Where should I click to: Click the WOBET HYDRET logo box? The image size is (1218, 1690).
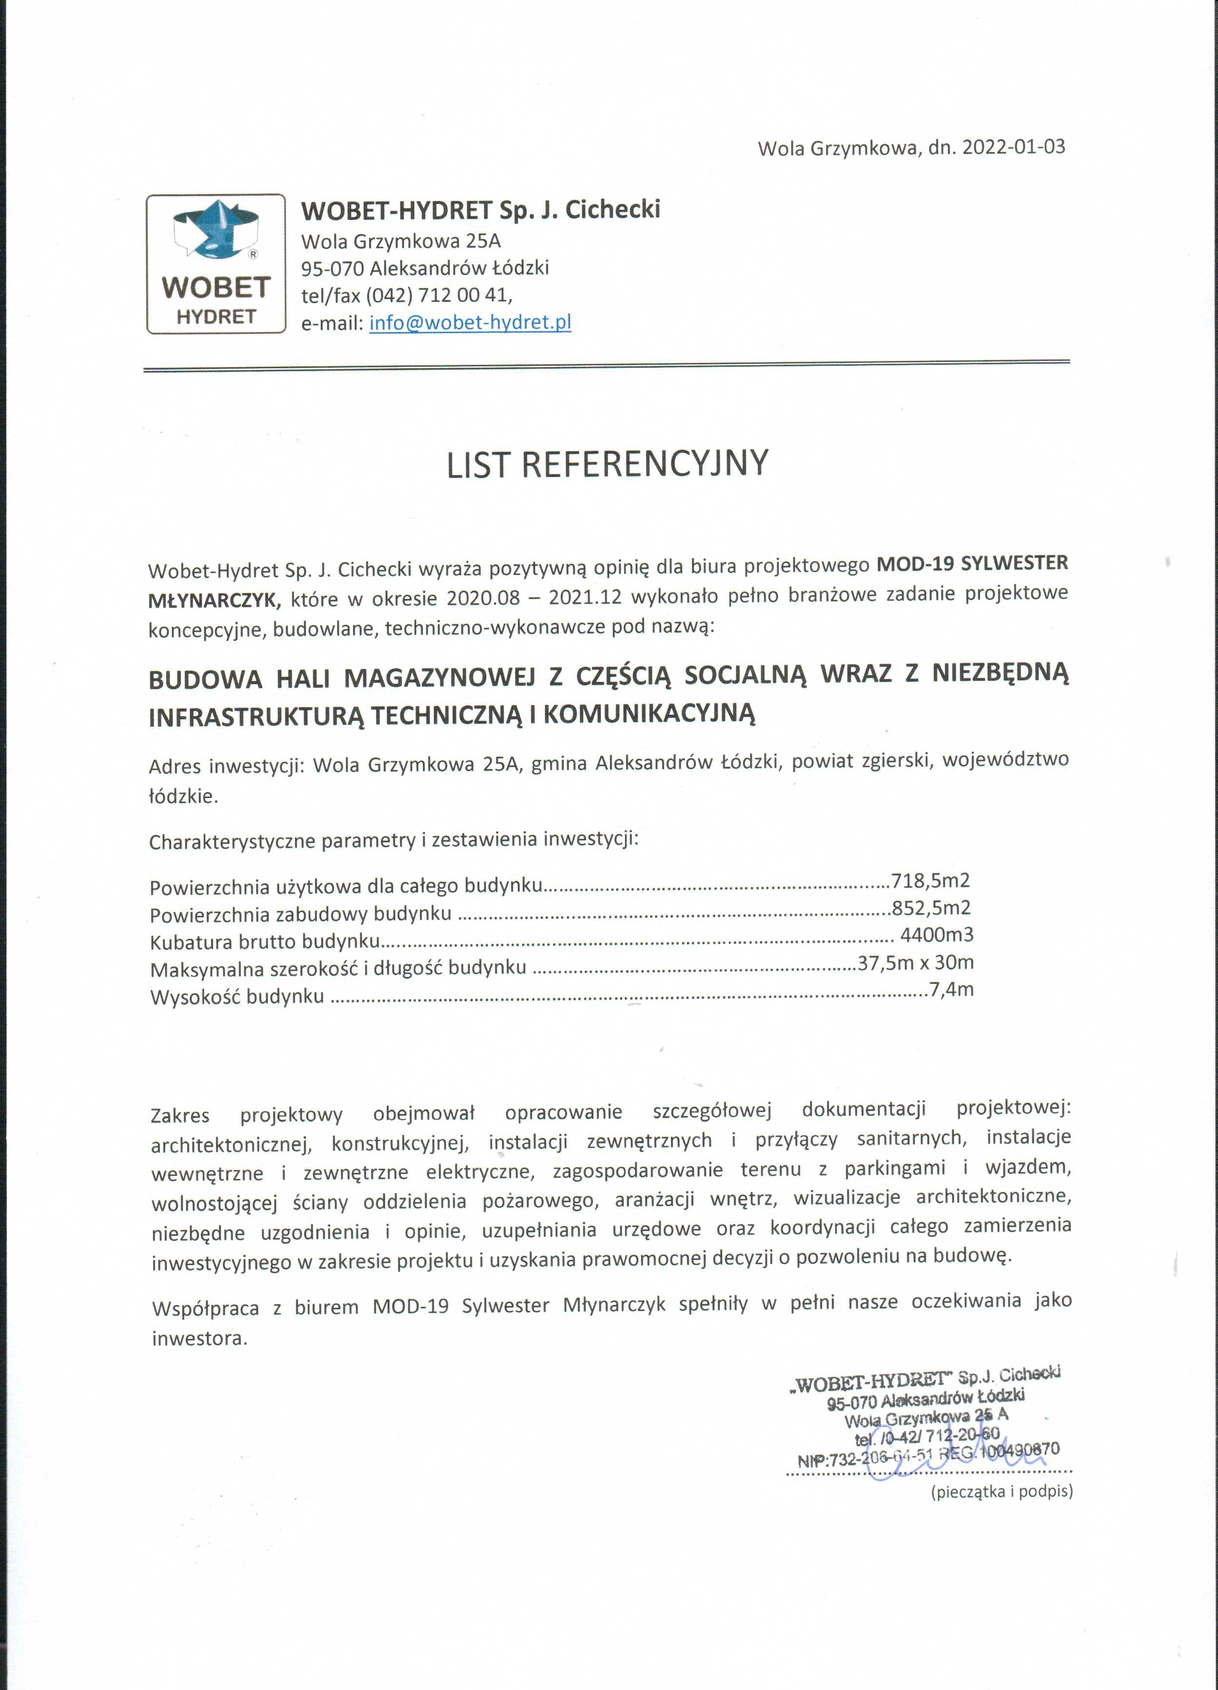tap(216, 264)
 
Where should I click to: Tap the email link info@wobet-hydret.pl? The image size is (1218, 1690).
tap(470, 323)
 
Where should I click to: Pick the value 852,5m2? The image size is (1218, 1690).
tap(931, 908)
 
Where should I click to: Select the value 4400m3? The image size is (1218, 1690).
tap(936, 935)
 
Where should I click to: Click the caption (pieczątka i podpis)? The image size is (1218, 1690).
tap(1001, 1492)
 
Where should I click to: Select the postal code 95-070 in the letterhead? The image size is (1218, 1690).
tap(332, 268)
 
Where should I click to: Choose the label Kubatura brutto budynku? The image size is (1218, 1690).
tap(264, 942)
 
